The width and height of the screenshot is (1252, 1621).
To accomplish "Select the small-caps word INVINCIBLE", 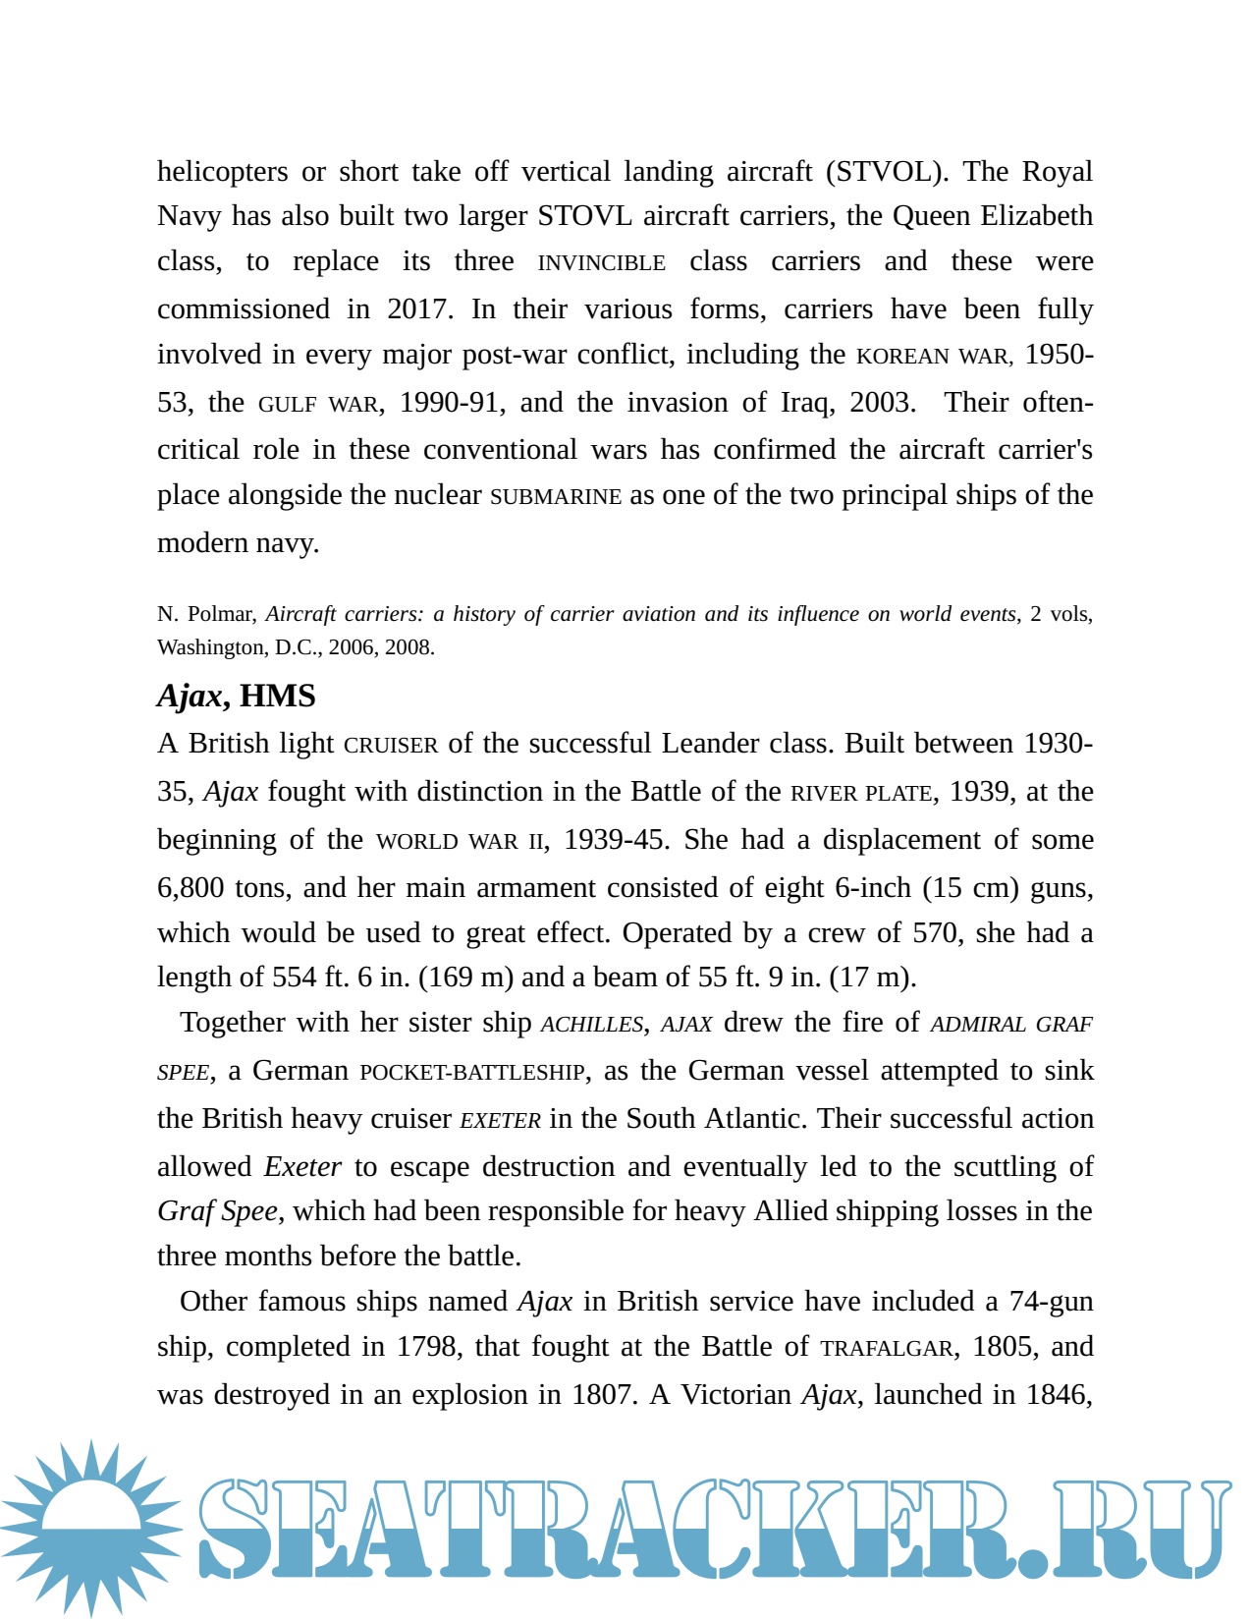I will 601,263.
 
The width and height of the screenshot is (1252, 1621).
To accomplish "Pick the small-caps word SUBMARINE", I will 556,497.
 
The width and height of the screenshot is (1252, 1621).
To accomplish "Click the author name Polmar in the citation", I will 221,614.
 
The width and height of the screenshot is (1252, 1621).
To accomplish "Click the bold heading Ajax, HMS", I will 237,696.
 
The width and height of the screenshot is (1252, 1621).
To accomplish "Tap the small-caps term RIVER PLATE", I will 861,793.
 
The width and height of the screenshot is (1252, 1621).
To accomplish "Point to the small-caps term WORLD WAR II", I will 460,841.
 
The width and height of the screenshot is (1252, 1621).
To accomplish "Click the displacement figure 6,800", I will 191,888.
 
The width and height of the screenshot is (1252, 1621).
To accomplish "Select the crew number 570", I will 935,932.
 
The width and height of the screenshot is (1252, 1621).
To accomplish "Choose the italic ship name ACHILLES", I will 592,1025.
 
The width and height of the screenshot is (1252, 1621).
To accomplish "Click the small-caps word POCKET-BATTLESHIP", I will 472,1072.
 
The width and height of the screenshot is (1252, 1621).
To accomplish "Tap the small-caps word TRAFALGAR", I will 887,1349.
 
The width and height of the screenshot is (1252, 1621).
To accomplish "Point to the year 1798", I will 427,1347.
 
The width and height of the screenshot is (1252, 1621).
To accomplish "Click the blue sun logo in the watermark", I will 90,1529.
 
